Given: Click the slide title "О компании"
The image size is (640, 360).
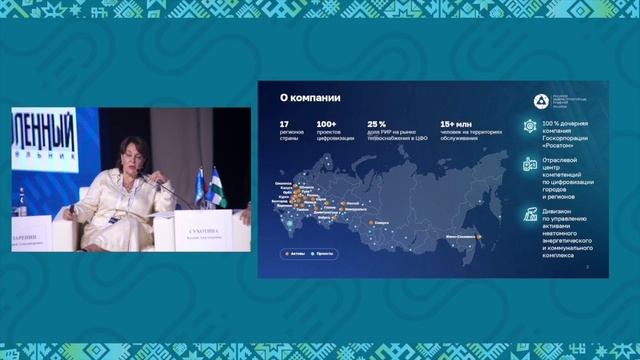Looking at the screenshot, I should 311,98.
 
